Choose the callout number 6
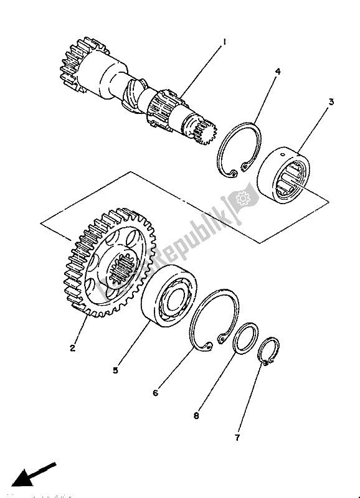tap(155, 393)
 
